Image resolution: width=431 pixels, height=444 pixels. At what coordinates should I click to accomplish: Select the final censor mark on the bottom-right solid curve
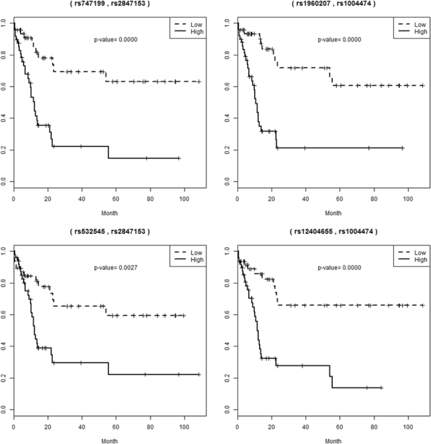click(x=381, y=388)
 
